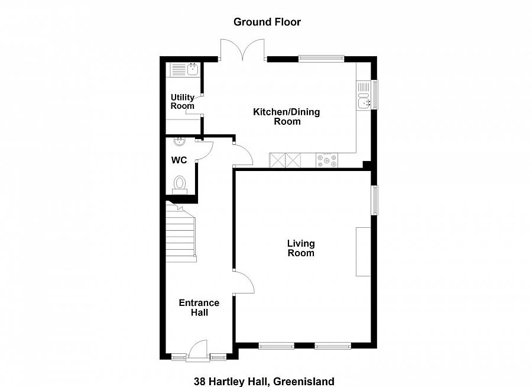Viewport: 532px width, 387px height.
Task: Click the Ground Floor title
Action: point(267,22)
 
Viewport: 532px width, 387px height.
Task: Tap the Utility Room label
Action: point(183,102)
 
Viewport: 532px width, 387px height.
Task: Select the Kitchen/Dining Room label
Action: point(287,117)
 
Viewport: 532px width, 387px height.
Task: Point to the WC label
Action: point(179,160)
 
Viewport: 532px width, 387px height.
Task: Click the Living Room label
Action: point(301,248)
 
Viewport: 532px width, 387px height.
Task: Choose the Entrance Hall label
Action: point(199,308)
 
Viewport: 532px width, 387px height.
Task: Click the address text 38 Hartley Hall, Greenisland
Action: point(264,381)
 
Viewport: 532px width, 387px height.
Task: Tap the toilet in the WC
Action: point(180,185)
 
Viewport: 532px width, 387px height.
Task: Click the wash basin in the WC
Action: point(180,141)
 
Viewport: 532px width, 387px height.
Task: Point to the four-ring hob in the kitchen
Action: point(327,160)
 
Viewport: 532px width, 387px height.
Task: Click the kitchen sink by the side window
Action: point(363,95)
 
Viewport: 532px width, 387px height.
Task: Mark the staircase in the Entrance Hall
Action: point(181,232)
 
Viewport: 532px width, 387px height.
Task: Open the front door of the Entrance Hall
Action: point(198,349)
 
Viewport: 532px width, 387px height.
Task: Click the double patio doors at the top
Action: point(242,50)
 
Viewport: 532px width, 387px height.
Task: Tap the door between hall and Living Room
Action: point(244,282)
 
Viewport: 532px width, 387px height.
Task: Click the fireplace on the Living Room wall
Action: point(363,251)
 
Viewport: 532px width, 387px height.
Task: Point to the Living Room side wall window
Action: point(375,200)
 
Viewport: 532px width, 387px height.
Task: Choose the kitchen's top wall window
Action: point(322,59)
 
